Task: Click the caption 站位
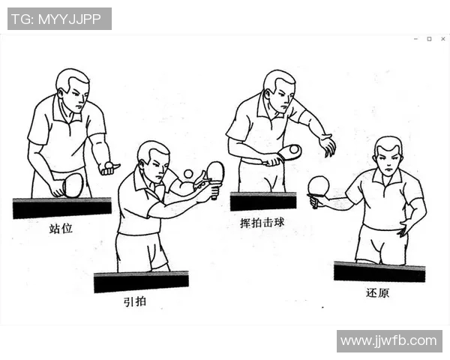[61, 228]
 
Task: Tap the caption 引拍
[135, 302]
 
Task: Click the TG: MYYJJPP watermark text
[59, 19]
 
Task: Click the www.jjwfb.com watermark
[388, 341]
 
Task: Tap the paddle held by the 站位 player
[72, 184]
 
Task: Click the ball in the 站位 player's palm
[109, 164]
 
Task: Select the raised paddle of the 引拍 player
[215, 172]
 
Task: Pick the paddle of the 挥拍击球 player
[289, 152]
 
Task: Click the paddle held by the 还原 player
[319, 185]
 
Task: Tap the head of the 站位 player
[72, 88]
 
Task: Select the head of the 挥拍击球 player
[278, 88]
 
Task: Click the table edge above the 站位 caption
[61, 208]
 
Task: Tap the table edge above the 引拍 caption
[140, 282]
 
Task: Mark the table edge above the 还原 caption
[379, 271]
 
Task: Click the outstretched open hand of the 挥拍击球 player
[327, 144]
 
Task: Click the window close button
[440, 38]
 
